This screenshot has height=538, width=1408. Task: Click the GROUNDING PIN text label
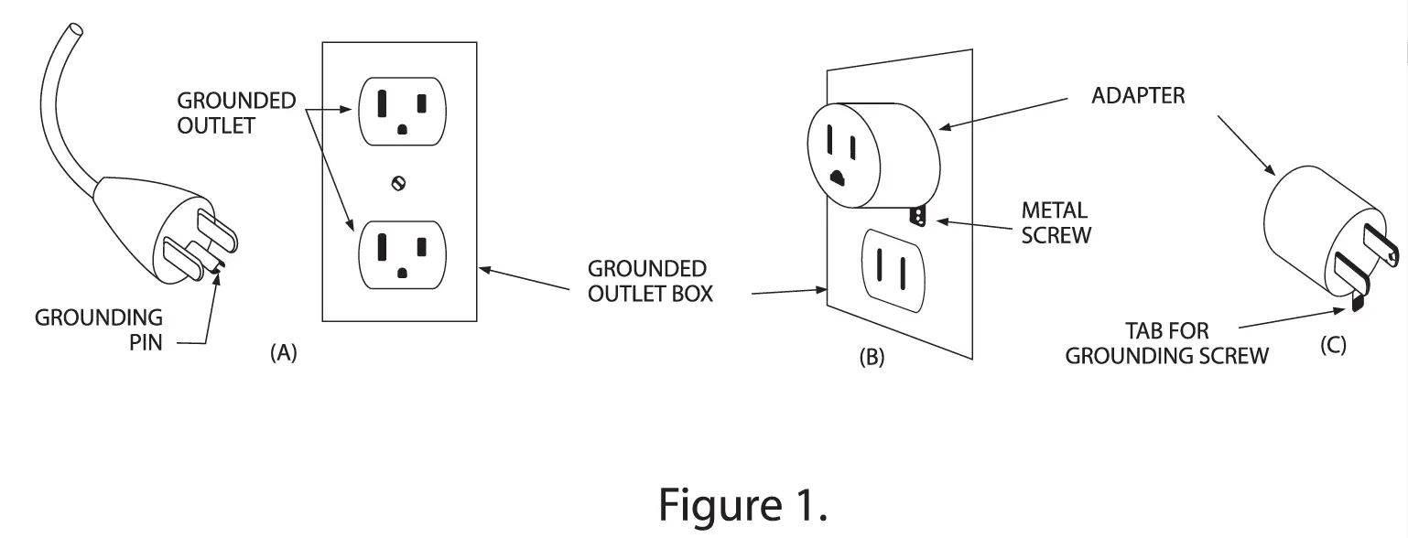99,330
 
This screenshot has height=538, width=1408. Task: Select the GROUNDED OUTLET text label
236,113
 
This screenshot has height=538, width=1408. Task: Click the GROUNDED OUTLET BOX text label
646,281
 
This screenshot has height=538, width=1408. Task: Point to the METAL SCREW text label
1056,222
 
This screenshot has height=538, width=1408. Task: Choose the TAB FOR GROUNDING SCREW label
1166,343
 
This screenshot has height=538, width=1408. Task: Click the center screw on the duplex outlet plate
398,183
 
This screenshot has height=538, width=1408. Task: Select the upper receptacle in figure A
402,112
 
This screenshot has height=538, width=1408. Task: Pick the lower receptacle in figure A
402,253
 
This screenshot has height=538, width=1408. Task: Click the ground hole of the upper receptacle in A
402,130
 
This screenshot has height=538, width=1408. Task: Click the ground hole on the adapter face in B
835,175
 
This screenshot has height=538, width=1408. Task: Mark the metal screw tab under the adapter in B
917,216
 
